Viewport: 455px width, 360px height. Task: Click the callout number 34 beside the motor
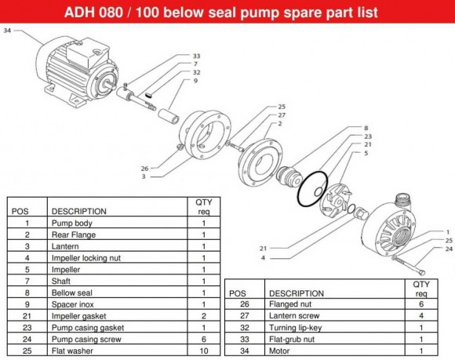[7, 31]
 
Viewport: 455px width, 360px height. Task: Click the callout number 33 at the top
[196, 56]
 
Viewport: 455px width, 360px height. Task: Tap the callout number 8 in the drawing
[366, 127]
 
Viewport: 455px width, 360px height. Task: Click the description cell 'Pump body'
[72, 223]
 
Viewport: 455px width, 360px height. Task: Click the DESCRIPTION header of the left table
[78, 211]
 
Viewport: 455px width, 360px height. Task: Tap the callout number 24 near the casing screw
[448, 249]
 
